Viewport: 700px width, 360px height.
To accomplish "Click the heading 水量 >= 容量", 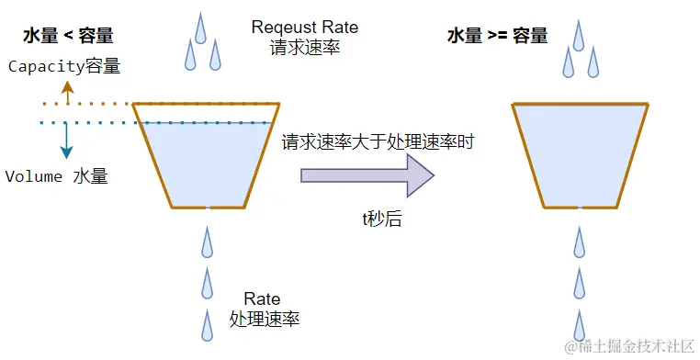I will [x=497, y=36].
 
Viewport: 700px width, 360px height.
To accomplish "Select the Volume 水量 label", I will [x=57, y=176].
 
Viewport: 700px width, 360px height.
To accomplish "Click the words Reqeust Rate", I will [x=305, y=28].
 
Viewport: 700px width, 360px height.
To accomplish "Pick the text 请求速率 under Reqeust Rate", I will [x=305, y=47].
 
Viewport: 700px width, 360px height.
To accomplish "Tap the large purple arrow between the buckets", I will [x=367, y=174].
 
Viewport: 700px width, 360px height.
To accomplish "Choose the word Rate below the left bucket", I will [x=262, y=299].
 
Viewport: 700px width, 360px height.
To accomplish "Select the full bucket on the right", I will [x=580, y=154].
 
